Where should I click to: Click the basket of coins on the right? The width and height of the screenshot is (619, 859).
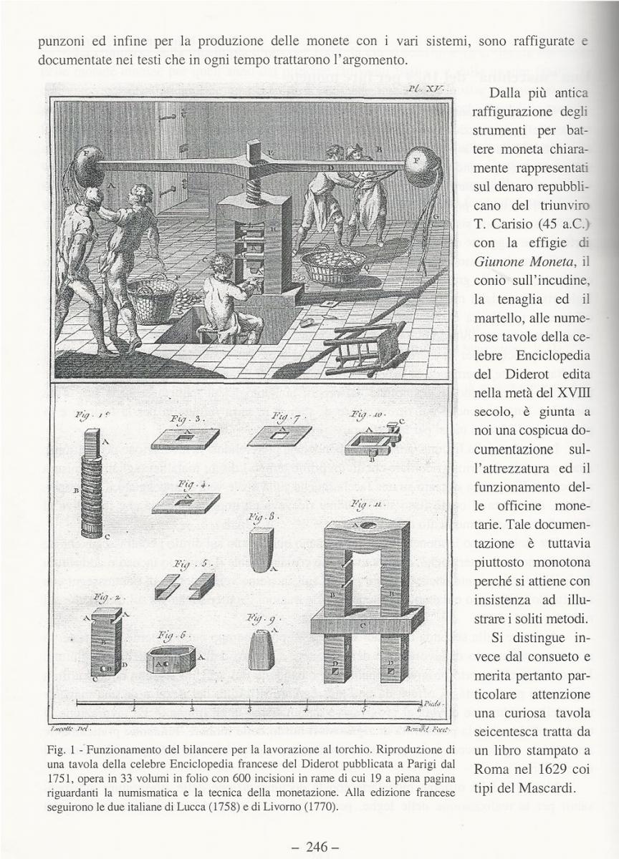332,266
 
